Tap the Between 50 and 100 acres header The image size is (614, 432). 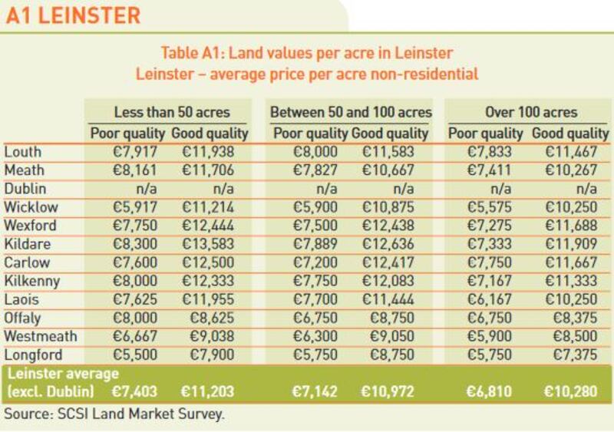click(351, 112)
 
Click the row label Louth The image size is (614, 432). click(23, 152)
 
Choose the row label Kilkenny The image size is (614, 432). click(31, 281)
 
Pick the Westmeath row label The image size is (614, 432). click(40, 336)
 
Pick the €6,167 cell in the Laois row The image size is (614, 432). click(492, 299)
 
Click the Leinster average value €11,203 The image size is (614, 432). click(206, 392)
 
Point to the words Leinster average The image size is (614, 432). click(63, 374)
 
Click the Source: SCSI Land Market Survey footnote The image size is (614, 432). click(115, 415)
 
